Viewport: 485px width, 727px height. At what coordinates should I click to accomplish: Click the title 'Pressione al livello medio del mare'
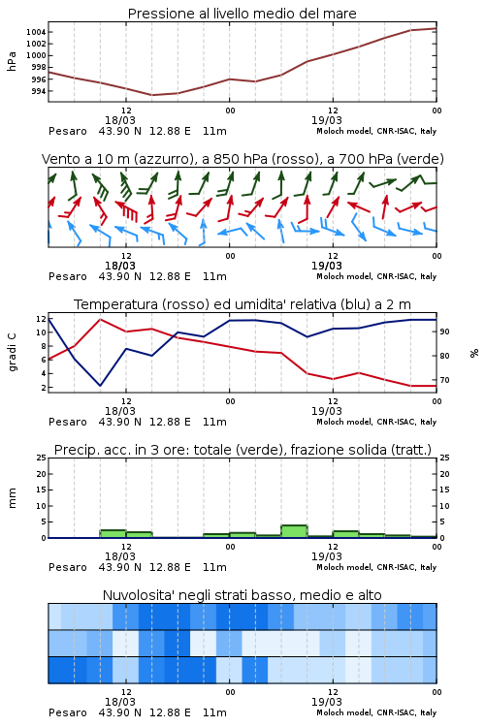click(x=242, y=14)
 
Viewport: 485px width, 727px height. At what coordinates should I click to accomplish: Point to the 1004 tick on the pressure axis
click(x=36, y=32)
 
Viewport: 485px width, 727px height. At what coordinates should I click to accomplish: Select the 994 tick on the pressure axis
click(x=39, y=91)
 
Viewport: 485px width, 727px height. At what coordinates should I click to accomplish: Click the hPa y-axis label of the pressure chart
click(x=12, y=61)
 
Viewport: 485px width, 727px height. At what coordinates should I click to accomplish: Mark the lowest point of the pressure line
click(x=151, y=95)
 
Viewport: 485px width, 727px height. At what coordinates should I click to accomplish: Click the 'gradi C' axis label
click(x=12, y=352)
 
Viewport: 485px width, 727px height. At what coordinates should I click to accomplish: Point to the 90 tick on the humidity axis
click(x=444, y=332)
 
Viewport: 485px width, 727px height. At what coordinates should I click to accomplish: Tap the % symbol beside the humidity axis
click(x=474, y=353)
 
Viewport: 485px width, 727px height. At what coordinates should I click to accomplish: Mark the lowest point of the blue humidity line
click(x=100, y=386)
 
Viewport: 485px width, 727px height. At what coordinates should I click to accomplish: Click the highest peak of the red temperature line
click(x=100, y=320)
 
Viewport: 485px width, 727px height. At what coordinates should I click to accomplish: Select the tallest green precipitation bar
click(x=294, y=531)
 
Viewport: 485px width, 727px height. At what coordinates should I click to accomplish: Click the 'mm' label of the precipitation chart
click(x=12, y=497)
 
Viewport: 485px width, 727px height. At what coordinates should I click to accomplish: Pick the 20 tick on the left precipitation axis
click(x=42, y=474)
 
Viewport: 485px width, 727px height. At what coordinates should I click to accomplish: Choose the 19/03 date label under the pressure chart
click(x=327, y=120)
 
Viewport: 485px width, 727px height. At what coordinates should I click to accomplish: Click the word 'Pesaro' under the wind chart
click(x=68, y=276)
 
